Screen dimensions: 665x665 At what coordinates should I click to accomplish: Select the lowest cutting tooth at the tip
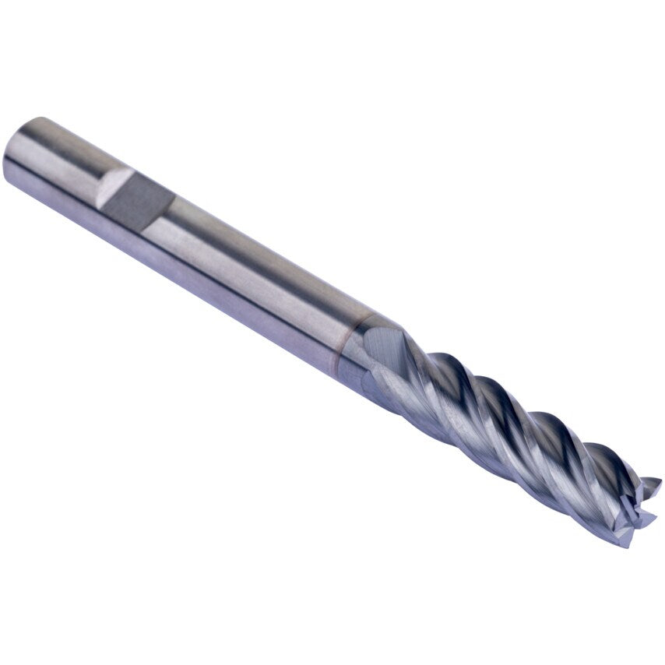click(x=623, y=537)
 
